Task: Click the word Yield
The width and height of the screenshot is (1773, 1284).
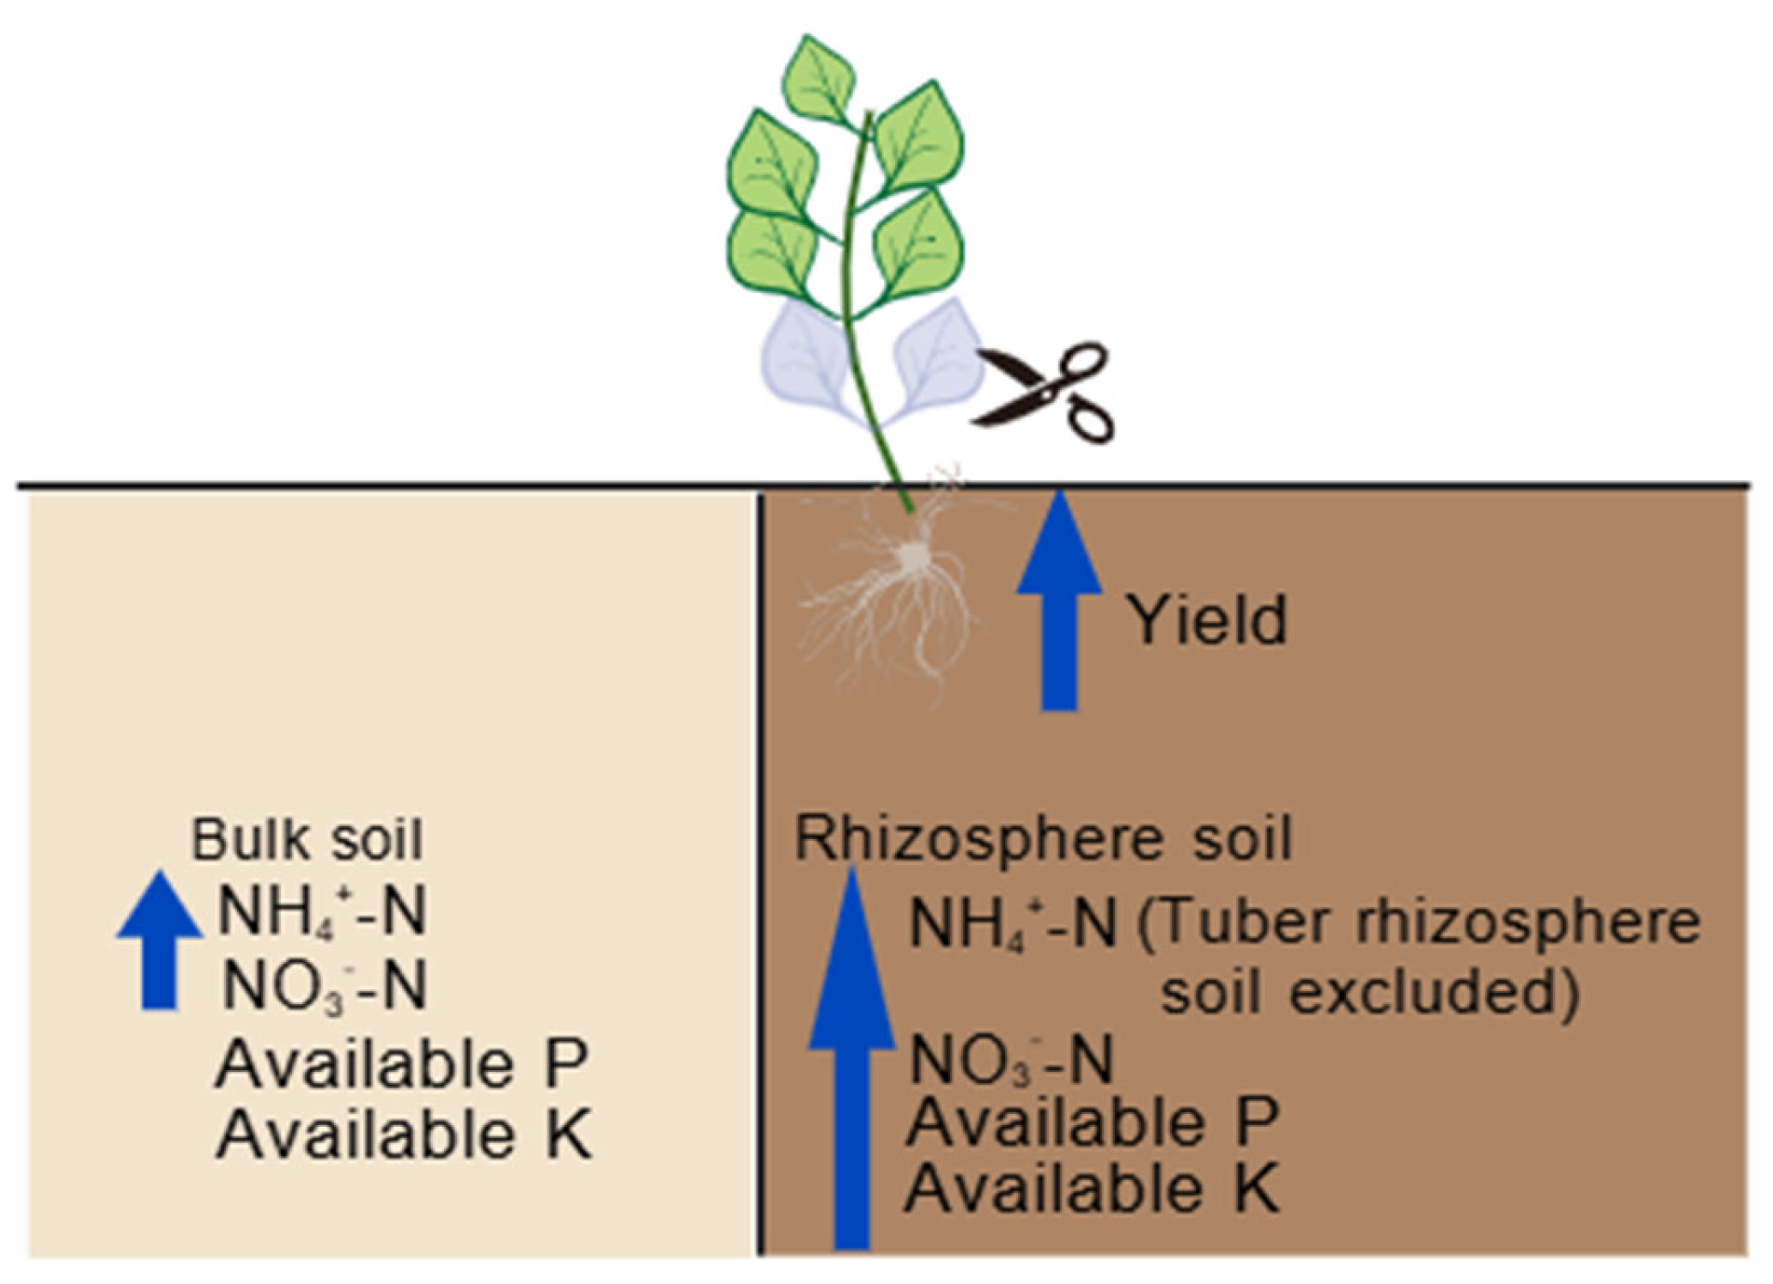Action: [1207, 620]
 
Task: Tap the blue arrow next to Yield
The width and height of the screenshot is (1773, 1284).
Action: [1059, 601]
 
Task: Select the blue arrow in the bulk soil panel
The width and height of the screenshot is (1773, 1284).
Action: [160, 940]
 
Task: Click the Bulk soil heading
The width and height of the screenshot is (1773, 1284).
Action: [307, 839]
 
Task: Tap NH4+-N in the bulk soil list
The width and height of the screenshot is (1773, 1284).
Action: [322, 913]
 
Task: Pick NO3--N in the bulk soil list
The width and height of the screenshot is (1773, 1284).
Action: [324, 987]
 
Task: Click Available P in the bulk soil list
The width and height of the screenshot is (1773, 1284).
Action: [401, 1065]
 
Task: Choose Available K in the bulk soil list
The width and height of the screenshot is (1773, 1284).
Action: [404, 1135]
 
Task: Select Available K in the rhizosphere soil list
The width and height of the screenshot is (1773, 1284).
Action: [1093, 1189]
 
